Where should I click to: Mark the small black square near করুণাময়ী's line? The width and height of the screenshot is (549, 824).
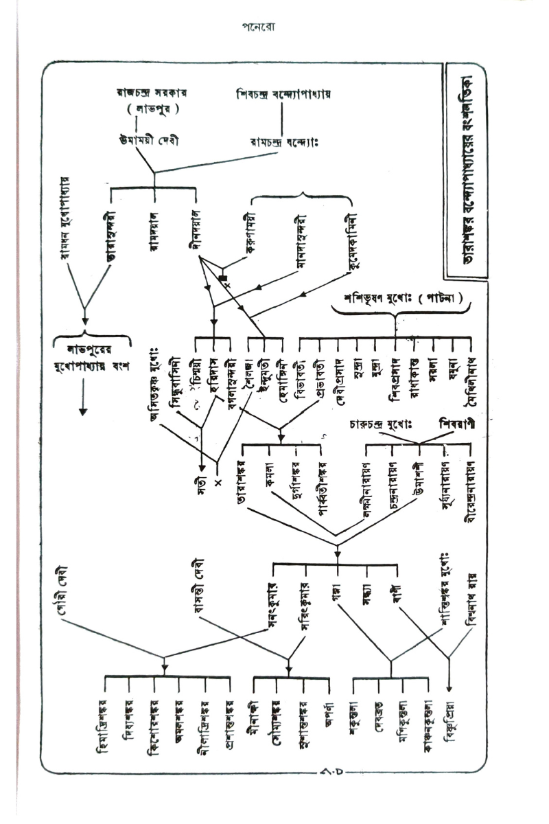222,278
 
